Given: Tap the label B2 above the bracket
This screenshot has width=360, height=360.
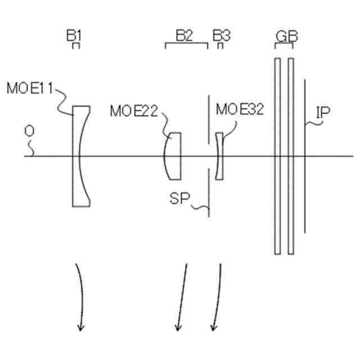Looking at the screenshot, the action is coord(184,35).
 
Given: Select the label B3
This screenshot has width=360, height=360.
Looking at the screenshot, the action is coord(221,35).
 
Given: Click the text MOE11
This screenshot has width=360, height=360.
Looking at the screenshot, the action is coord(30,88).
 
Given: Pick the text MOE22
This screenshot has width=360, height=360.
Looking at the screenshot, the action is coord(133,111).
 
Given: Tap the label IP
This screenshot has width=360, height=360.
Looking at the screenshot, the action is coord(322,112).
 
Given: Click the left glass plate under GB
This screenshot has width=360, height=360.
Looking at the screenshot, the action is coord(277,156).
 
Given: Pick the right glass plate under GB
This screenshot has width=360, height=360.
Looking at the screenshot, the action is coord(291,156).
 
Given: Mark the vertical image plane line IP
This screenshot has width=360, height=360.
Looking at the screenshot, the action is coord(305,156).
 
